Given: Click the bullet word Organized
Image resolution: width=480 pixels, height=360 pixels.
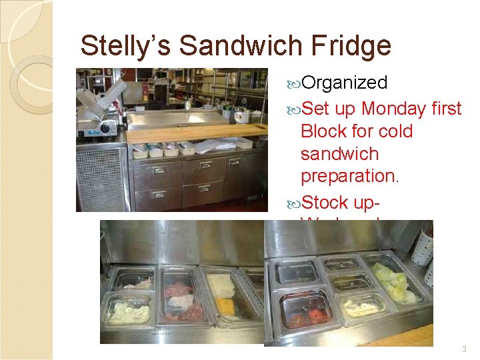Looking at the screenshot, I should click(x=344, y=83).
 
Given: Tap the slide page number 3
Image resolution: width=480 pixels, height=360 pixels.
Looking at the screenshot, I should click(x=464, y=349).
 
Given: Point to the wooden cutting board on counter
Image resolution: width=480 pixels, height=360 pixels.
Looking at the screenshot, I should click(x=193, y=131).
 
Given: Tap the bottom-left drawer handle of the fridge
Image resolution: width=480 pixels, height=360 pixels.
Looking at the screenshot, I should click(x=157, y=194).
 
